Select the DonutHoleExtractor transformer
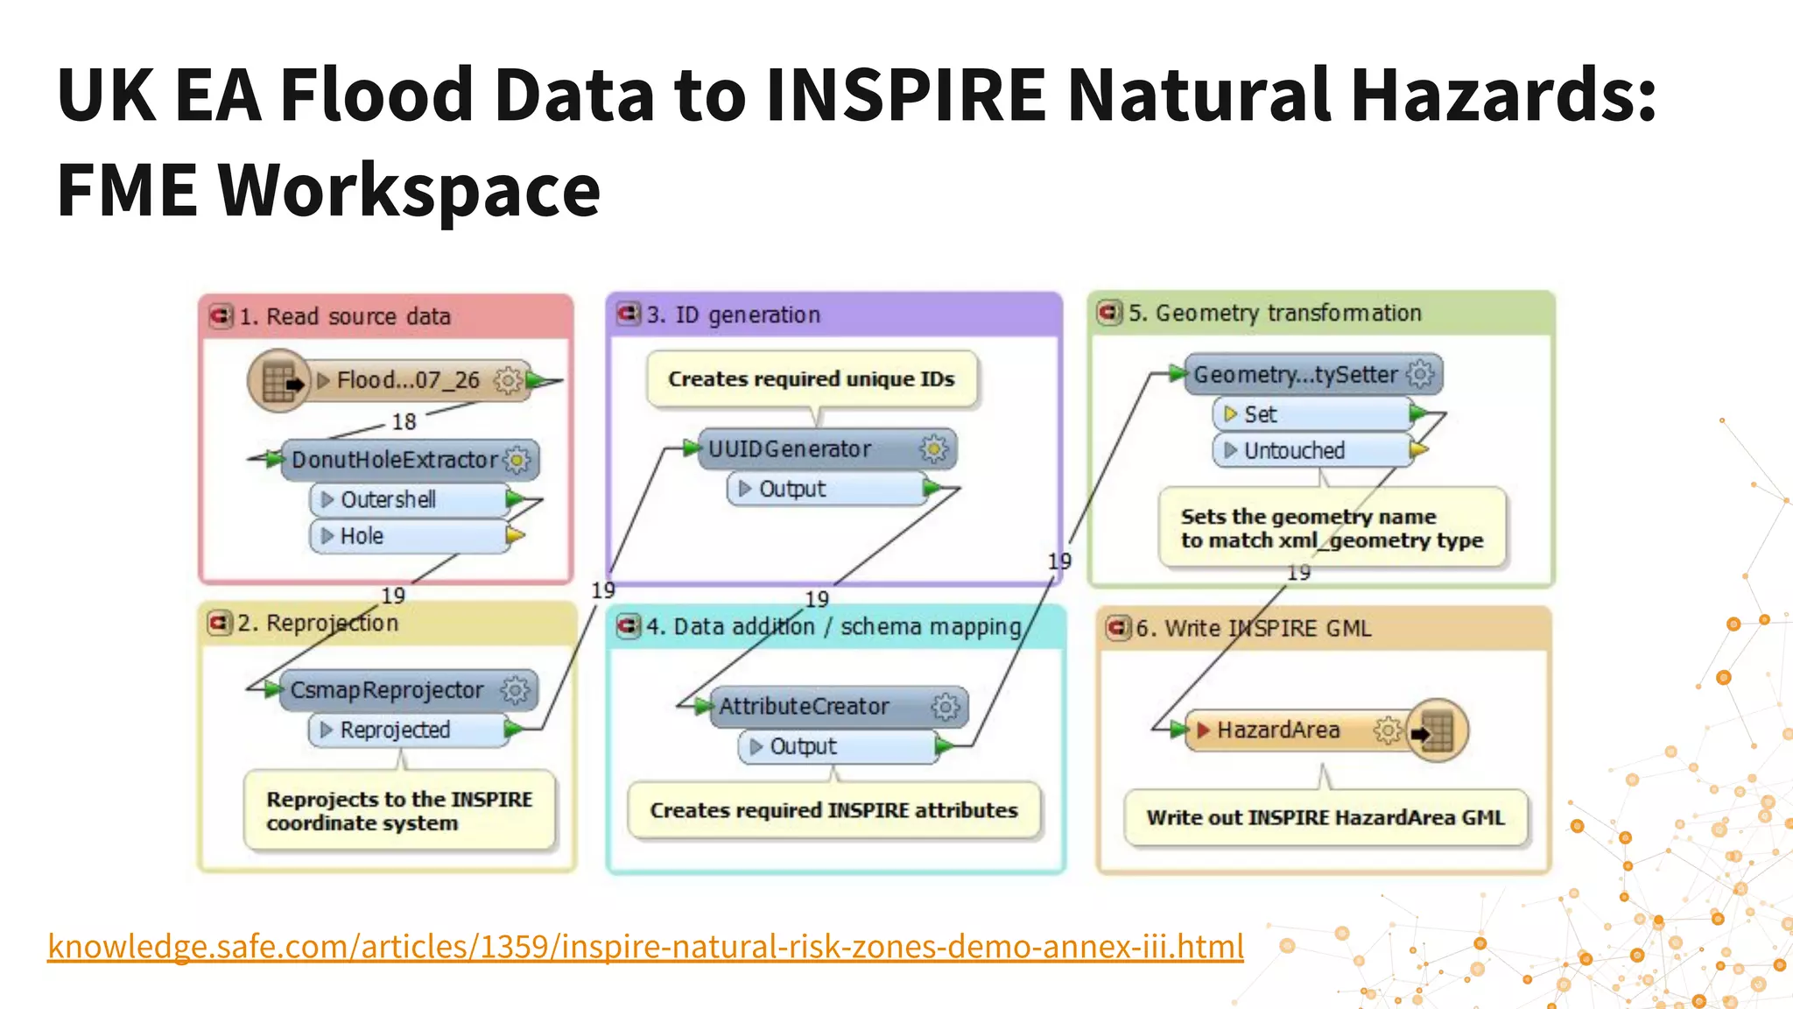coord(394,460)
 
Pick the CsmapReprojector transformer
coord(387,690)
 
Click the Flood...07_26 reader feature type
coord(408,380)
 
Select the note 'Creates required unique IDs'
coord(812,379)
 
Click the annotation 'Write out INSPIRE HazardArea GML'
coord(1325,817)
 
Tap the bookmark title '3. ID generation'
coord(734,314)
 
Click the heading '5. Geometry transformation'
coord(1275,313)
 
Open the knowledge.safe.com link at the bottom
coord(645,947)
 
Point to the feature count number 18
coord(404,422)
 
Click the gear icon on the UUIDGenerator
coord(934,449)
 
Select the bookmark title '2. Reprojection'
coord(318,623)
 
